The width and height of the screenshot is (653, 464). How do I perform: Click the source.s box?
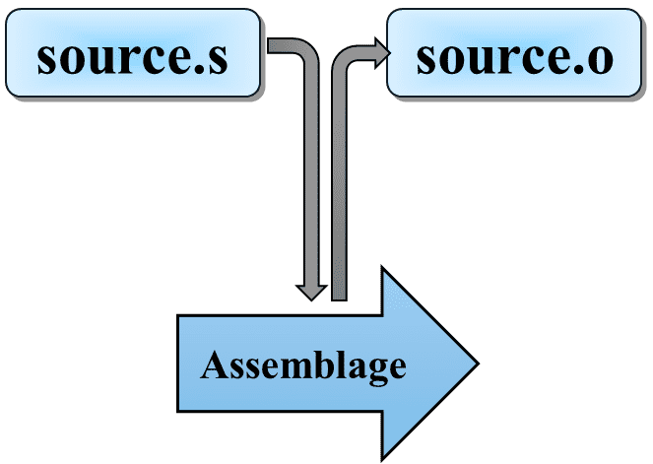pos(133,53)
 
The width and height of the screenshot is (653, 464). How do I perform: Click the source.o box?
pos(514,53)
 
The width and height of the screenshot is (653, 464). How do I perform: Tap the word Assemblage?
pos(303,365)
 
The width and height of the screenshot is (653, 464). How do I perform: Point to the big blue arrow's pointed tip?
pos(478,364)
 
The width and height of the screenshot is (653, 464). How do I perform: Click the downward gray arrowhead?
pos(311,292)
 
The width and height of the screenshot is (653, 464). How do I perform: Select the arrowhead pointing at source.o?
pos(382,53)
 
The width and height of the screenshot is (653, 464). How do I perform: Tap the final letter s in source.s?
pos(219,59)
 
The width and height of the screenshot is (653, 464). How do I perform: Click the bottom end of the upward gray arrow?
pos(339,299)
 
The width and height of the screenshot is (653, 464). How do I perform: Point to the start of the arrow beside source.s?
pos(268,45)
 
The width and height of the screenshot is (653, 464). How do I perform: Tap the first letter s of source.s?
pos(47,59)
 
